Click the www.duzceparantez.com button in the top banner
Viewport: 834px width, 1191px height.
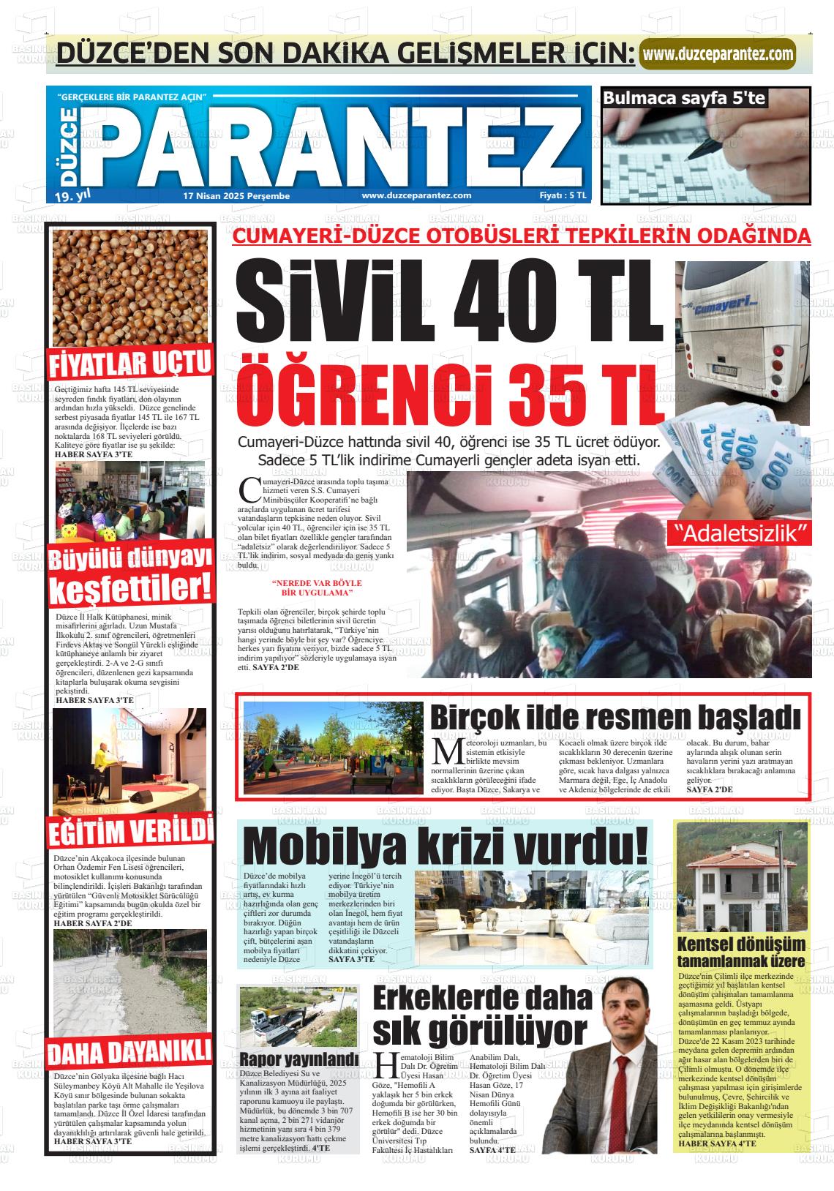[717, 54]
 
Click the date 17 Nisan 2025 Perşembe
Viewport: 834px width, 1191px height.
[236, 196]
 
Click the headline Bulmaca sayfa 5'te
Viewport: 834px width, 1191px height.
[683, 98]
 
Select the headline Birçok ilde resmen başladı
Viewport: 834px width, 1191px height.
[614, 717]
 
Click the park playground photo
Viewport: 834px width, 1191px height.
[333, 748]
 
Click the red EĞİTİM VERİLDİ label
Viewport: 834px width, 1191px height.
[130, 832]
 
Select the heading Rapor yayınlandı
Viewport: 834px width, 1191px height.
[299, 1059]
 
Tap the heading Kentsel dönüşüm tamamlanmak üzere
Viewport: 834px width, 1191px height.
[740, 952]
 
